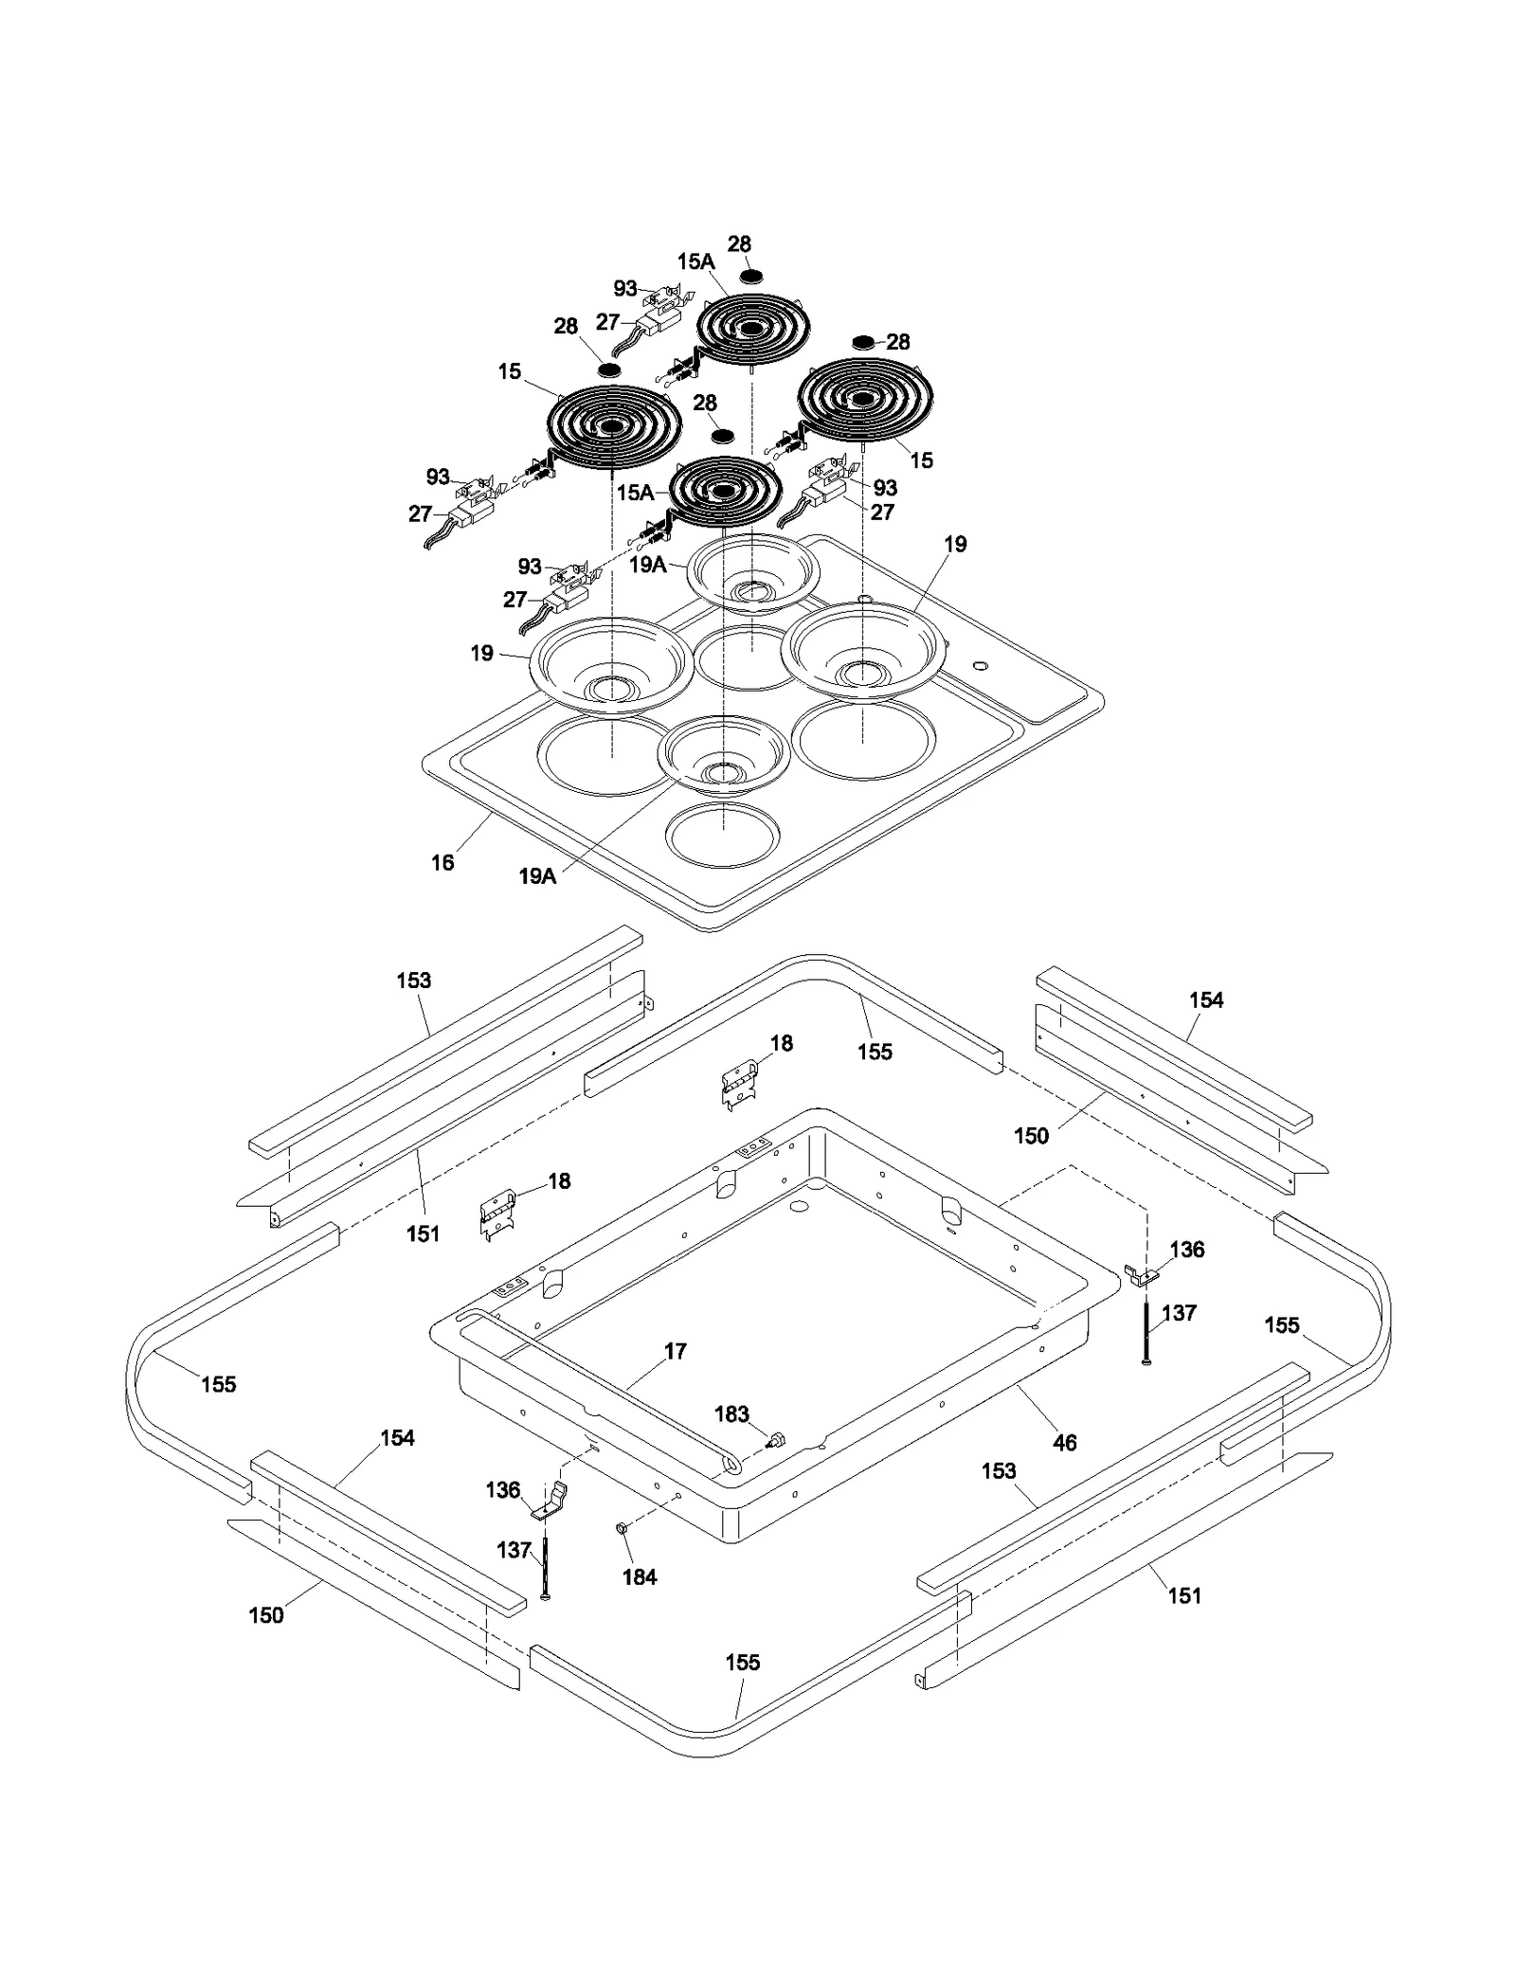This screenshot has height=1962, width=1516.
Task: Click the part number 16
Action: [442, 862]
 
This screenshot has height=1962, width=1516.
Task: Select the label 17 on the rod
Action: [675, 1351]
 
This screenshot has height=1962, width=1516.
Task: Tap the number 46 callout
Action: [1064, 1442]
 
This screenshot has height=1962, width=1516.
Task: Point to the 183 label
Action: [731, 1414]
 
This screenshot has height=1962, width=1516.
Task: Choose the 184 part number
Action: [640, 1576]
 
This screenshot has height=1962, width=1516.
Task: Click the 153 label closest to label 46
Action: [999, 1470]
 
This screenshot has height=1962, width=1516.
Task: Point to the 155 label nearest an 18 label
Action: [875, 1051]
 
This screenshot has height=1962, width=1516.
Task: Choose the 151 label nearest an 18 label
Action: [423, 1233]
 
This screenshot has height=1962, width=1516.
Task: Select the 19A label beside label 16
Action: [536, 876]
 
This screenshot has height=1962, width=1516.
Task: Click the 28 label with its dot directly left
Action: [897, 341]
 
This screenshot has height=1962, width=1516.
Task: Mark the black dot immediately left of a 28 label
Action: [863, 341]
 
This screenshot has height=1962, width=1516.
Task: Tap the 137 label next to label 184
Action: [514, 1550]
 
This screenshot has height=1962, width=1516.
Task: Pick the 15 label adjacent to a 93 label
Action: [921, 460]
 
